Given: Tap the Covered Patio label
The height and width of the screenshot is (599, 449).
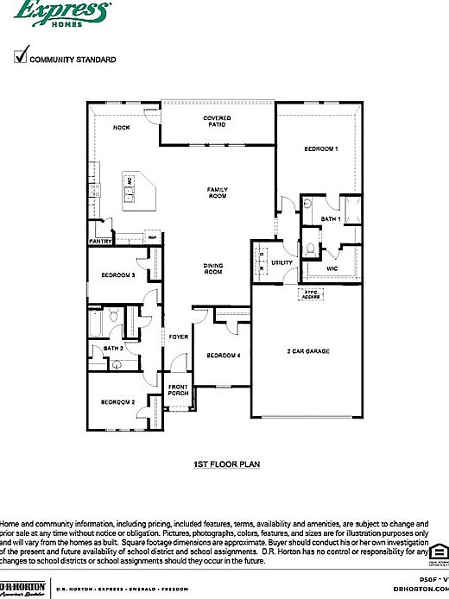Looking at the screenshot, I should tap(216, 121).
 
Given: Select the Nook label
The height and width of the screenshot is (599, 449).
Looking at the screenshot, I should tap(122, 128).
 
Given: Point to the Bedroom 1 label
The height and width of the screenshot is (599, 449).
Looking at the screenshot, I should tap(319, 149).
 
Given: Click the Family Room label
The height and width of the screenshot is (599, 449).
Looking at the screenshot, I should tap(217, 192).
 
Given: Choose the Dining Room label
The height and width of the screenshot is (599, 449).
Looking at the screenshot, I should tap(213, 268).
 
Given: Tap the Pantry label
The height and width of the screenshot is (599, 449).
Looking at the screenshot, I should tap(100, 242).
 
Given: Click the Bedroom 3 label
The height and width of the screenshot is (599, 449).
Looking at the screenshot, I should tap(117, 275).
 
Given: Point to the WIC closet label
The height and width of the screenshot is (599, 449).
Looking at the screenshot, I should tap(332, 268).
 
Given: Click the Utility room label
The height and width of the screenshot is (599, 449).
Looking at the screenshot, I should tap(281, 262).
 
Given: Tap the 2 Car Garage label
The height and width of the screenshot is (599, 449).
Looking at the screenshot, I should tap(308, 351).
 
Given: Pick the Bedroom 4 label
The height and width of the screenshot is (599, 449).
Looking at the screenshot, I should tap(223, 356).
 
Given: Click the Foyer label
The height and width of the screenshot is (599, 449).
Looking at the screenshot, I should tap(179, 337).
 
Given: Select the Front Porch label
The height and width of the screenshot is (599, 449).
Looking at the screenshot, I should tap(178, 389).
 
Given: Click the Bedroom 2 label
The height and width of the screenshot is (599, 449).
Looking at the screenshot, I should tap(117, 402).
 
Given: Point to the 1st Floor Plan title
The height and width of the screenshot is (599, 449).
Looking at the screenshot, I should tap(226, 463).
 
